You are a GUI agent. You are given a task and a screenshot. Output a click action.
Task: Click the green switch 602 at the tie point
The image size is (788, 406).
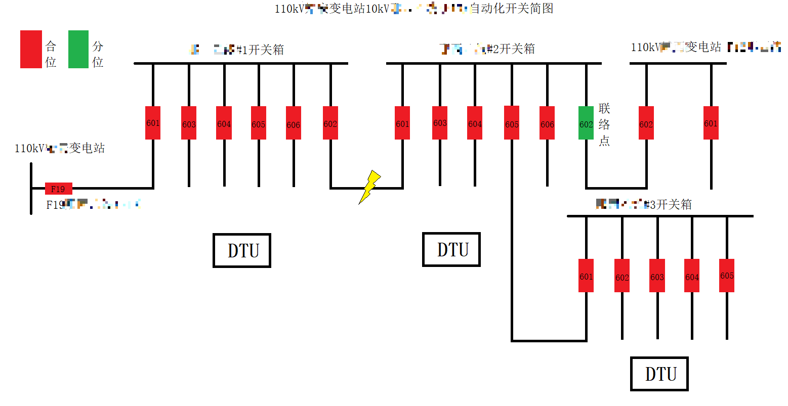586,123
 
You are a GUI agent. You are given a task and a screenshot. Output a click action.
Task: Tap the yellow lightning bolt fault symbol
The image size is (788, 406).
370,187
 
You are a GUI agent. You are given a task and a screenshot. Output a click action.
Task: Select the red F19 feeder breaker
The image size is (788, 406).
58,189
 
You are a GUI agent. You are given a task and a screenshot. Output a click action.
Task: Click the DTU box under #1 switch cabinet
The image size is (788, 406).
242,250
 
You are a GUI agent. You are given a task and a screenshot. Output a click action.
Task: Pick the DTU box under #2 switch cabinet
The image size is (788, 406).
451,249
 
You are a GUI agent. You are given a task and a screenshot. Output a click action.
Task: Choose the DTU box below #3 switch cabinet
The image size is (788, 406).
659,374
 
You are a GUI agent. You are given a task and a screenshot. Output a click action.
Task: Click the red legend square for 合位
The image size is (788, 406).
31,49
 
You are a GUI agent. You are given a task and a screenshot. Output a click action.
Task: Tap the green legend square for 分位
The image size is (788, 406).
78,49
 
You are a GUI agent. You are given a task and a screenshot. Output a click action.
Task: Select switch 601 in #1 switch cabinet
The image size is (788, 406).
153,123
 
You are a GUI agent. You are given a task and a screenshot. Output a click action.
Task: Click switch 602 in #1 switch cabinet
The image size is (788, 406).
330,123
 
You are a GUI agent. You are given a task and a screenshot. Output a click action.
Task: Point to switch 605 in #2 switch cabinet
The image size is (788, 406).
512,123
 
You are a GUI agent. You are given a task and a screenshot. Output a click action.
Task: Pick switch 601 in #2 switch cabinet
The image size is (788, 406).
402,123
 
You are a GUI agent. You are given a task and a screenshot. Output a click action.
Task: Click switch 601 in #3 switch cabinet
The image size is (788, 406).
586,276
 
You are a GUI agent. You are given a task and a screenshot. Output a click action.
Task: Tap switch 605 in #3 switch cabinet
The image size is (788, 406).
727,276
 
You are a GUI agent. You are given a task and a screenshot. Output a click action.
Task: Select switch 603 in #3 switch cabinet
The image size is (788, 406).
657,276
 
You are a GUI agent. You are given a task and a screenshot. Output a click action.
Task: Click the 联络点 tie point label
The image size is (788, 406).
604,124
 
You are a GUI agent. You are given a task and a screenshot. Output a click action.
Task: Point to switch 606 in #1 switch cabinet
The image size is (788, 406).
294,123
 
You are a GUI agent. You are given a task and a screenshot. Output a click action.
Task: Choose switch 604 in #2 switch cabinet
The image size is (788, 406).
475,123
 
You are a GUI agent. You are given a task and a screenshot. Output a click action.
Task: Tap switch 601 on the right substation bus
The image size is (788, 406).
711,123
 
